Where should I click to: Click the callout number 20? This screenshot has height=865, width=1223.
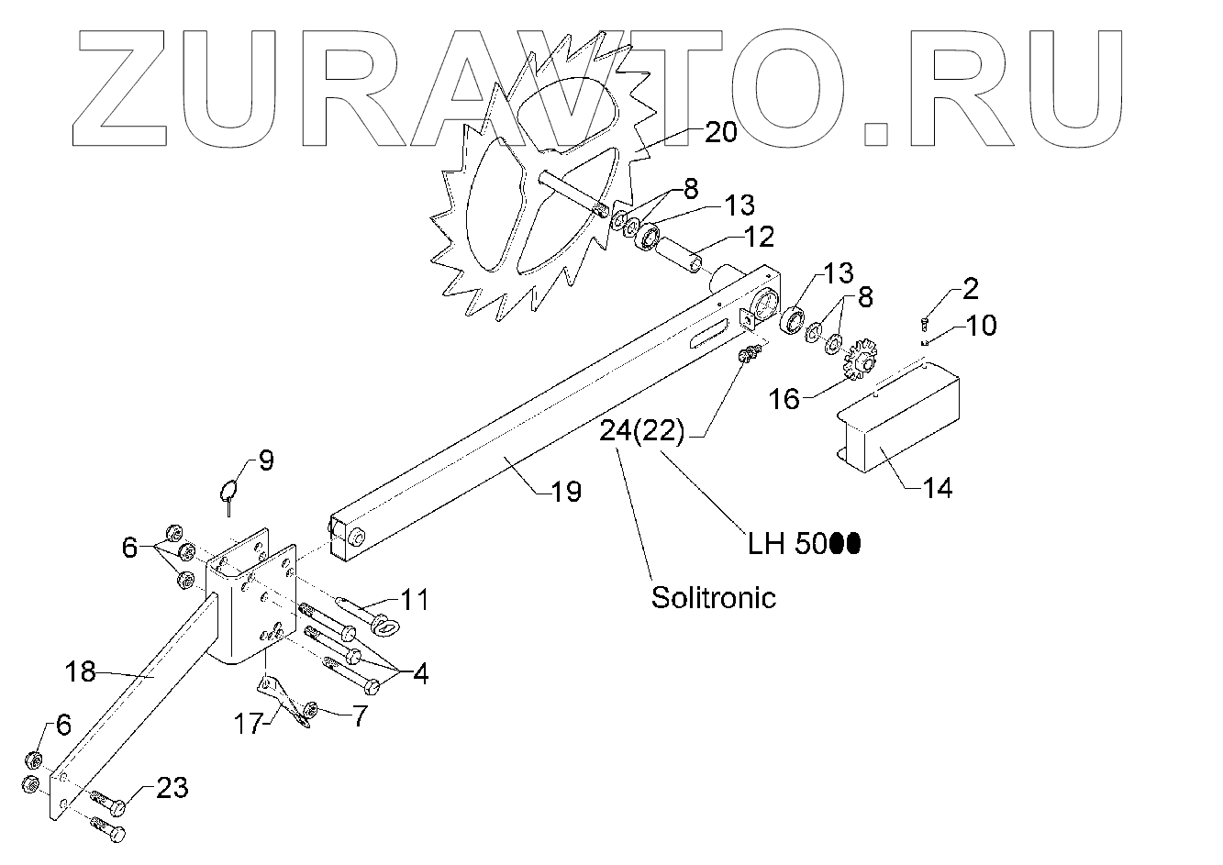click(720, 133)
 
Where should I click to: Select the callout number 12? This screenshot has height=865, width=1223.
click(759, 237)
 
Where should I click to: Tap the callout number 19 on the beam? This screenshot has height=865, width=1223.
click(566, 492)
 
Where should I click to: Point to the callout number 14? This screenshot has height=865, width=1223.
click(937, 487)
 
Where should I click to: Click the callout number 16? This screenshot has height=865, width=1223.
click(784, 398)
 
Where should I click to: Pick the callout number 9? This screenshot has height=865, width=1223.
click(265, 460)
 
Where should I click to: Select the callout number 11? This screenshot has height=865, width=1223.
click(414, 600)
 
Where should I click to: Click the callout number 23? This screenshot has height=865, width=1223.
click(172, 787)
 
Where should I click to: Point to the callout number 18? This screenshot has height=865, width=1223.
click(81, 671)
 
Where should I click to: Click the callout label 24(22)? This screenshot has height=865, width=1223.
click(642, 430)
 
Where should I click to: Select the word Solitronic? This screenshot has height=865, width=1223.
click(713, 597)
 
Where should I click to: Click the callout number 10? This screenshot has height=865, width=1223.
click(981, 326)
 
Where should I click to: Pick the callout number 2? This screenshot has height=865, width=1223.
click(970, 290)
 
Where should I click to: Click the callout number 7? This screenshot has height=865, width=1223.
click(355, 715)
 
